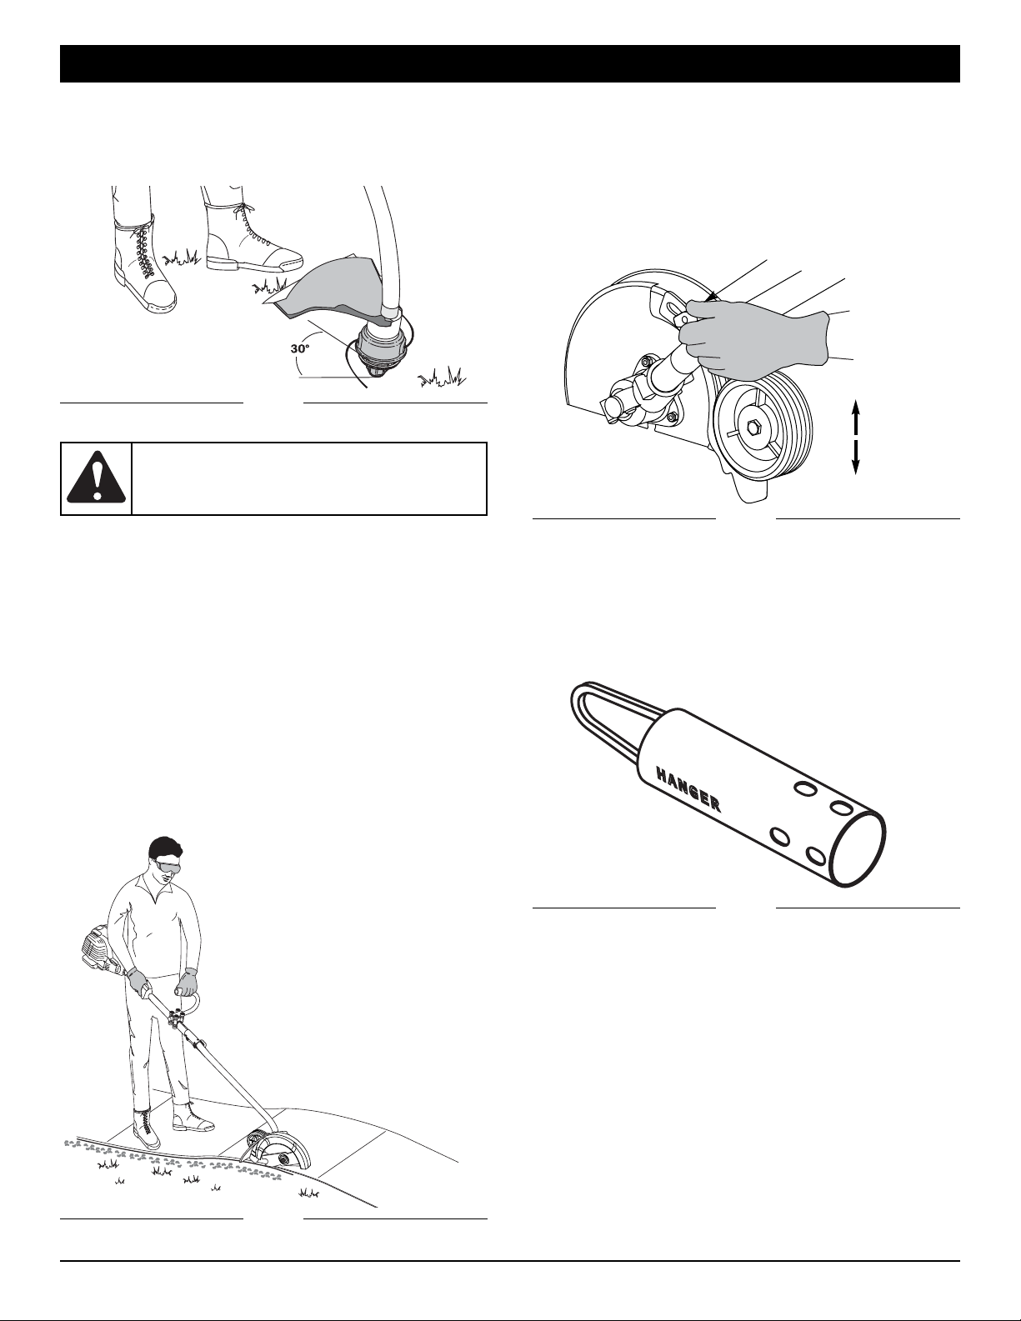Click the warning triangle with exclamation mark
point(96,479)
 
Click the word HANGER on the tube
point(688,790)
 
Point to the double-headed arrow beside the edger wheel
point(855,437)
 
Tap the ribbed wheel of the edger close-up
point(761,428)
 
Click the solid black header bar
point(510,63)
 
